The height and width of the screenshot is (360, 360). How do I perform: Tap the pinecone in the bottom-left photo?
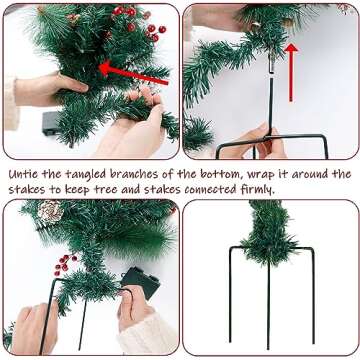tap(49, 211)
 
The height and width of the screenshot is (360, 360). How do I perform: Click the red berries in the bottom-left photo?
tap(66, 264)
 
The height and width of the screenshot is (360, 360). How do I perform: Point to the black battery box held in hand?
tap(139, 283)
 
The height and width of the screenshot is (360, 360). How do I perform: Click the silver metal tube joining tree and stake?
tap(270, 68)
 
